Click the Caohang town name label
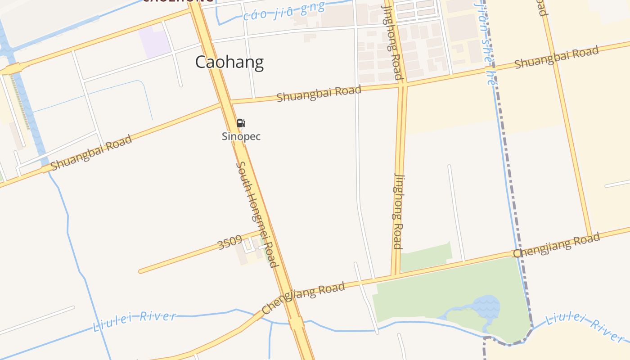pyautogui.click(x=229, y=62)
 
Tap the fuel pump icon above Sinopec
pyautogui.click(x=241, y=123)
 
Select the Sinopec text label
pyautogui.click(x=241, y=136)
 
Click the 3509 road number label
pyautogui.click(x=230, y=243)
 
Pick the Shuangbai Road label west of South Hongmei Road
pyautogui.click(x=91, y=153)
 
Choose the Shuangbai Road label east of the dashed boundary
pyautogui.click(x=556, y=57)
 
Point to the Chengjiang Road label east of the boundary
pyautogui.click(x=556, y=245)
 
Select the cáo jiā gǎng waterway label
pyautogui.click(x=283, y=12)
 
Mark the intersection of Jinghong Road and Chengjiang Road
pyautogui.click(x=396, y=274)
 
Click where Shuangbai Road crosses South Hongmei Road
pyautogui.click(x=225, y=103)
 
